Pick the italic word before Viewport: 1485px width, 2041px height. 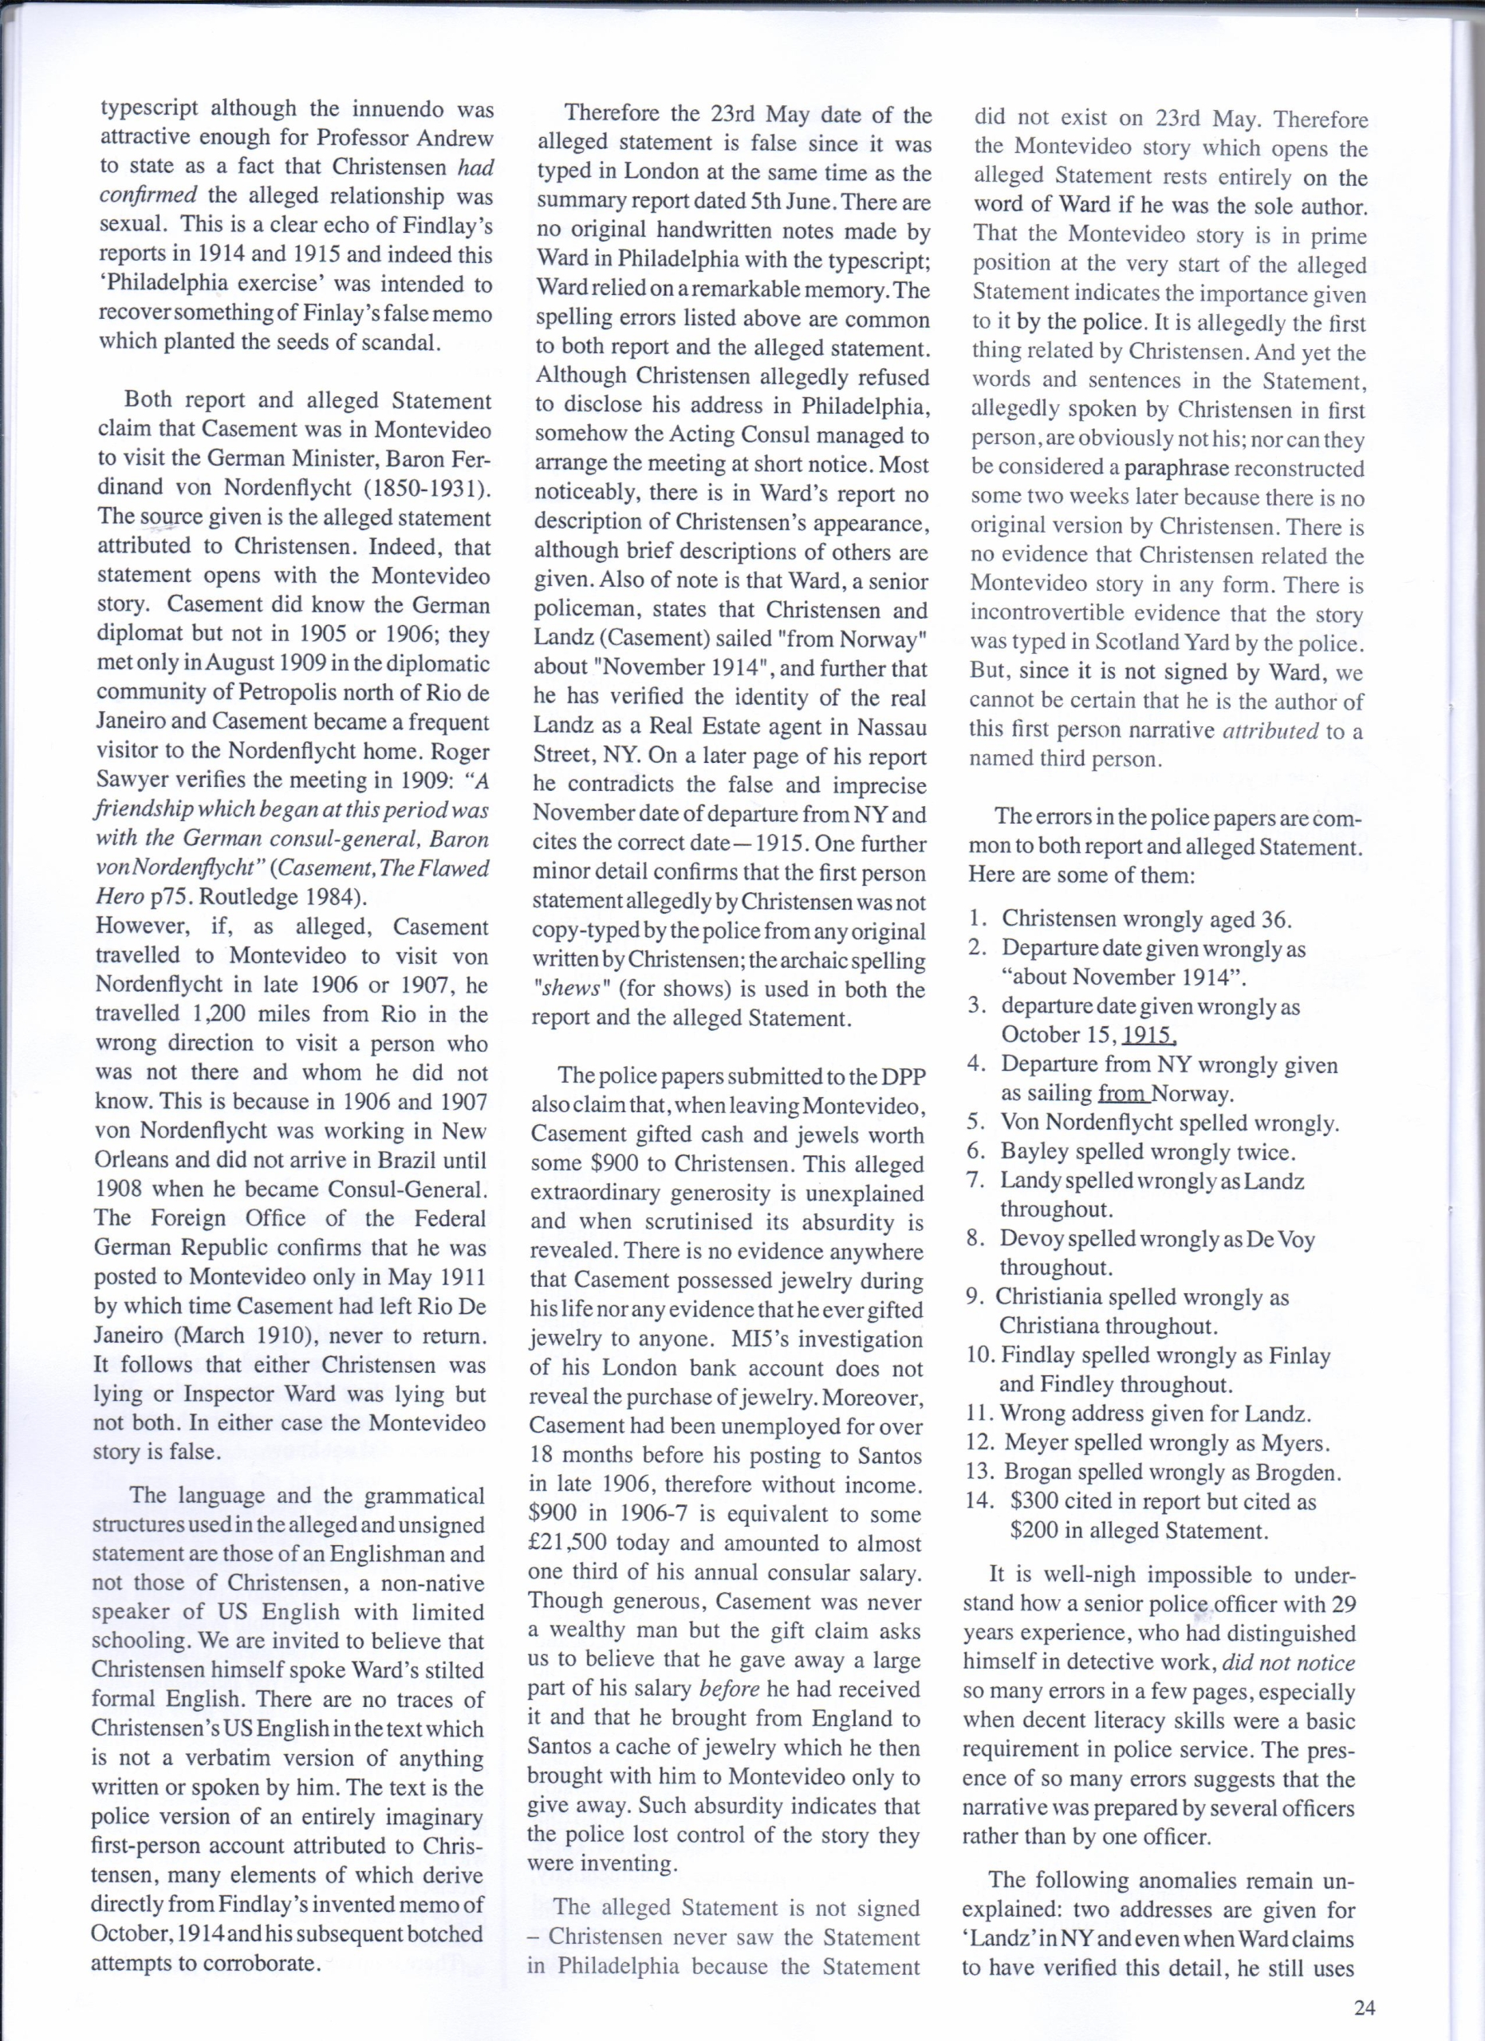[x=728, y=1689]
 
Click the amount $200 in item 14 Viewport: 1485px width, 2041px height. [x=1035, y=1530]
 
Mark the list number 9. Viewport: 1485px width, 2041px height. [x=975, y=1297]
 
